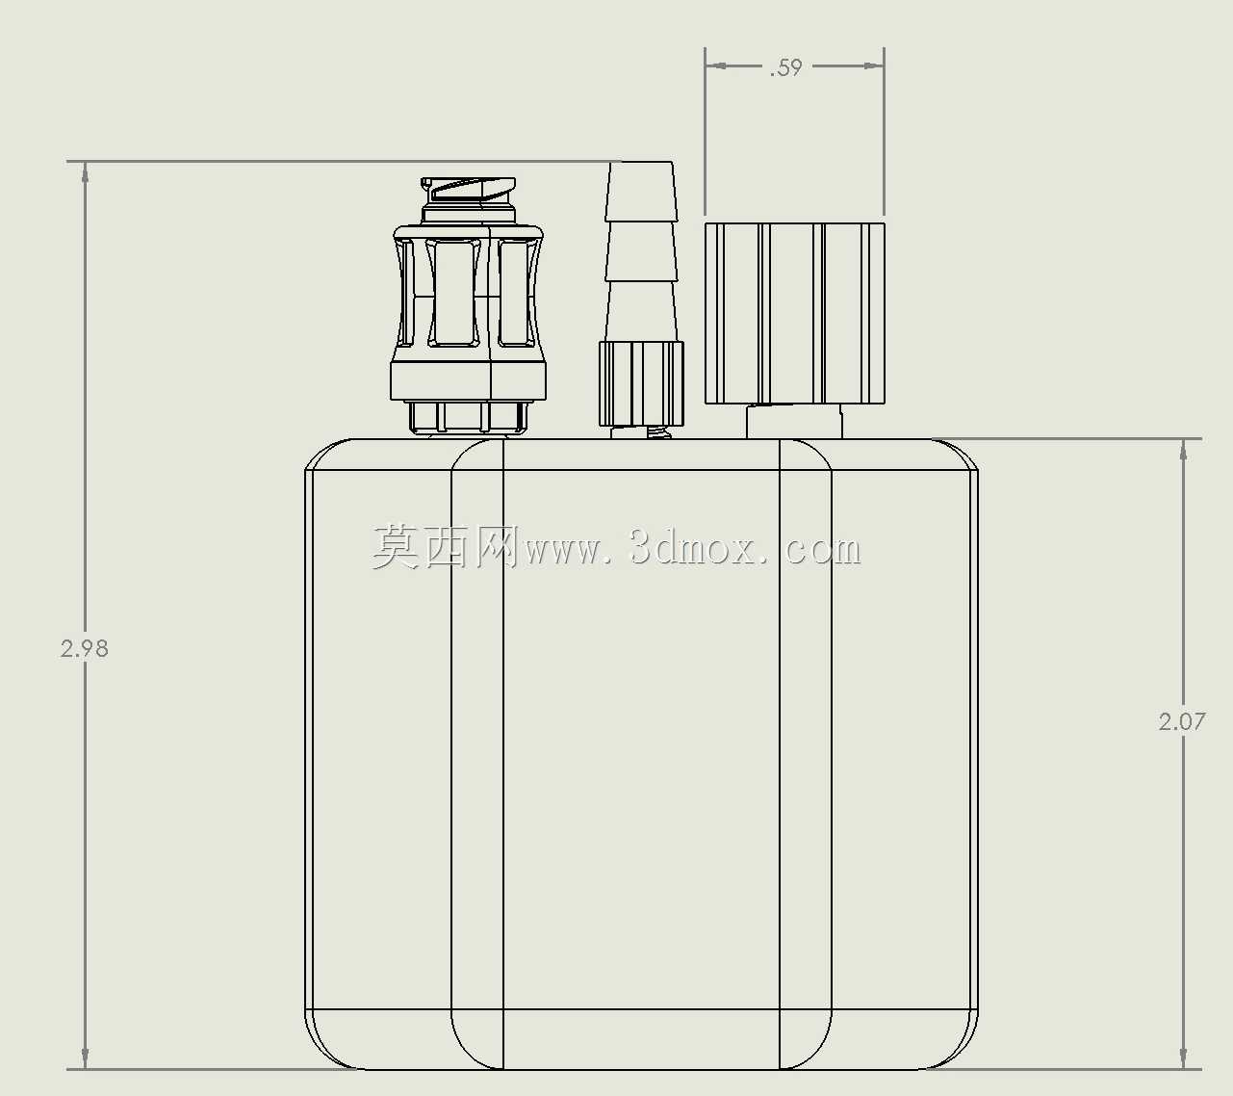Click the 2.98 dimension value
pos(85,649)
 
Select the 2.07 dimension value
pos(1182,722)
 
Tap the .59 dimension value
pos(786,67)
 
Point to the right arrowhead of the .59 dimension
pos(874,65)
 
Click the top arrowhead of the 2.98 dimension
pos(85,172)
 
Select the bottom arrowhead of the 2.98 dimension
pos(85,1058)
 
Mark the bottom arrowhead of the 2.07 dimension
pos(1183,1058)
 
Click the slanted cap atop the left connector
pos(469,190)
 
